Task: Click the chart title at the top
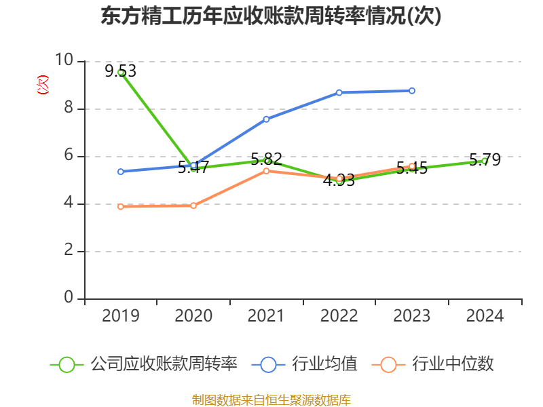coord(271,16)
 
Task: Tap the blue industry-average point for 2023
coord(412,90)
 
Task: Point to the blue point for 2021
coord(266,119)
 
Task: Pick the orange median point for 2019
coord(121,206)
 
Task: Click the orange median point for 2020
coord(193,206)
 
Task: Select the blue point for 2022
coord(339,92)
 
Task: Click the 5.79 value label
coord(485,160)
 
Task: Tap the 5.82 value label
coord(266,159)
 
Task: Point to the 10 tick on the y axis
coord(64,60)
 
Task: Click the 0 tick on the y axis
coord(69,298)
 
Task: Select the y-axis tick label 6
coord(69,155)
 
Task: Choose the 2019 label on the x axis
coord(121,315)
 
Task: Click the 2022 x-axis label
coord(339,315)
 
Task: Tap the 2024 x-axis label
coord(485,315)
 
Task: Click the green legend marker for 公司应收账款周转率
coord(67,364)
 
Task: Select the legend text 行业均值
coord(324,364)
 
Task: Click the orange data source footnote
coord(271,400)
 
